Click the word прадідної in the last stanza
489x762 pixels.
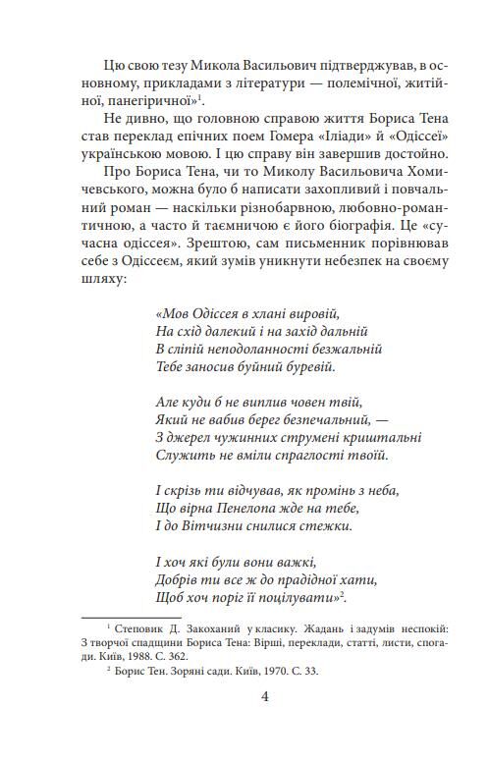coord(297,577)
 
